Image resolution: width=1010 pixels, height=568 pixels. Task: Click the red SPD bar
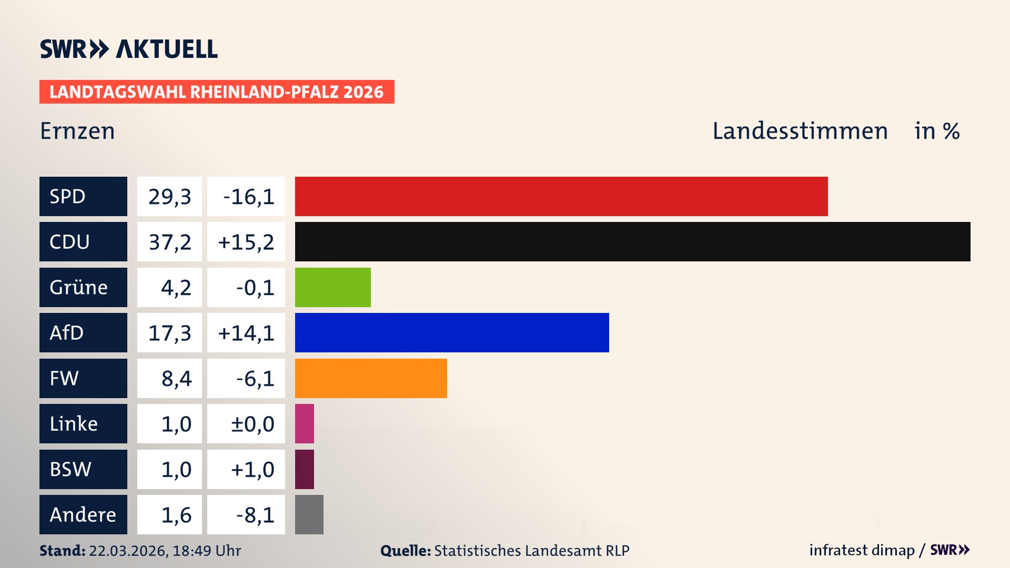click(561, 196)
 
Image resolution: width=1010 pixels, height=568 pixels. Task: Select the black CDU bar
click(632, 242)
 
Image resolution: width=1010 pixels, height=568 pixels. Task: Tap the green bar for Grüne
click(332, 287)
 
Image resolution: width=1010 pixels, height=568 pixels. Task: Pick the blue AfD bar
click(451, 333)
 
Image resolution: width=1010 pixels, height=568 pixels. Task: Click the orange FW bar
click(371, 378)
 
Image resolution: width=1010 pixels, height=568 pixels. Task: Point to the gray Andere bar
click(309, 514)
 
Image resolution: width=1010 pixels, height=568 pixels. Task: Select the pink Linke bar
click(305, 423)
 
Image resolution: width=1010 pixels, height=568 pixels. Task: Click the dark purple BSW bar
click(305, 469)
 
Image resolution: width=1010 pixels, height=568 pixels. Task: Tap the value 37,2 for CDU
click(169, 242)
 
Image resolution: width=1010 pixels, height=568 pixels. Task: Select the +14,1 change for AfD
click(246, 333)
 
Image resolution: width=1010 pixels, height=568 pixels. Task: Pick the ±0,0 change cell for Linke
click(252, 424)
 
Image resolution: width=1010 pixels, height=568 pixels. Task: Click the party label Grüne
click(79, 287)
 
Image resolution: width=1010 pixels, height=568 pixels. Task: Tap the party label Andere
click(83, 514)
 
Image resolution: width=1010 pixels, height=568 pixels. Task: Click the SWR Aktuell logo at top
click(129, 49)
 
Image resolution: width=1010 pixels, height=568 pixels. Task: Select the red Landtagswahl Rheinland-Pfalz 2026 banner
click(217, 92)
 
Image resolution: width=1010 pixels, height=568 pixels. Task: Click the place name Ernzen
click(77, 131)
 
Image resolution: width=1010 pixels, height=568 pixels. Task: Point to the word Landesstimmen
click(800, 131)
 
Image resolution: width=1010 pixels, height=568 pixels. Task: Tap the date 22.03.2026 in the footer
click(128, 551)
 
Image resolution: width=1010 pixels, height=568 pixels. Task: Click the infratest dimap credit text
click(861, 550)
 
